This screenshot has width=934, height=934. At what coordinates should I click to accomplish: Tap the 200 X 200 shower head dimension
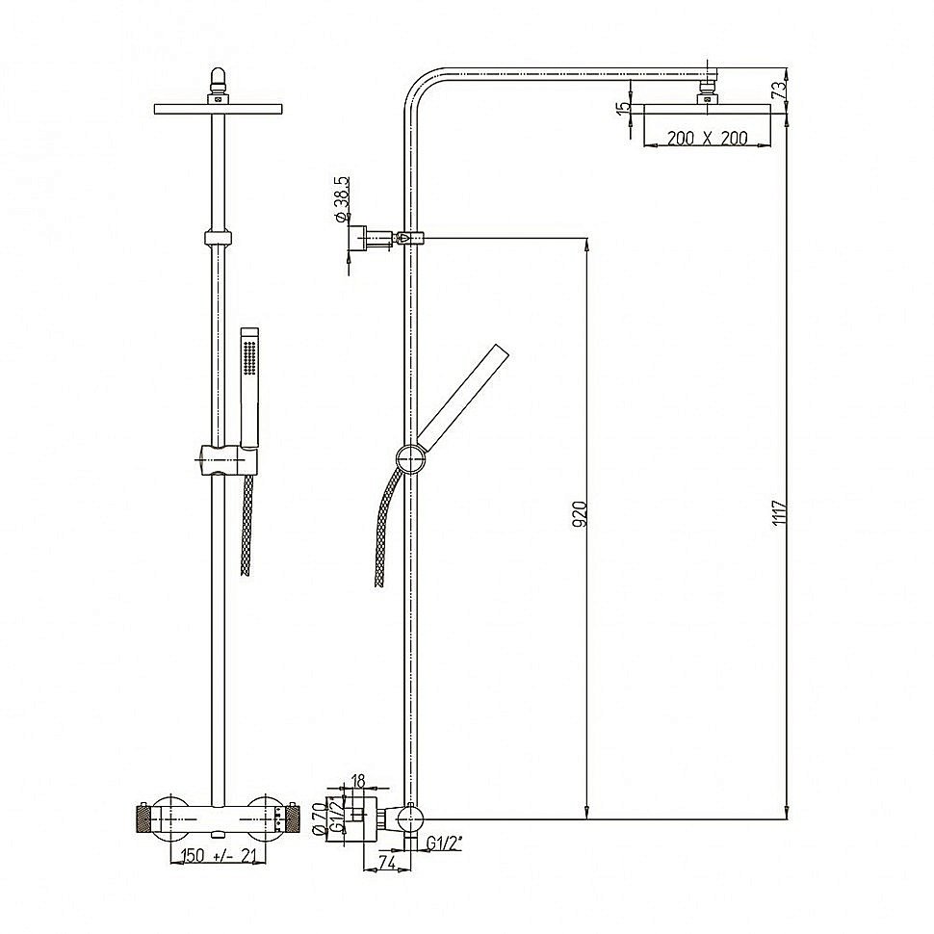click(707, 138)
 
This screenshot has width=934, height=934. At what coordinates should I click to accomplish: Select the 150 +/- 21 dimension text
click(215, 855)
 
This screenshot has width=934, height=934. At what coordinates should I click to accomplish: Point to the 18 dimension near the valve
click(358, 781)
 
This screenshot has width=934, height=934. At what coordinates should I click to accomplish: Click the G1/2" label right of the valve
click(444, 843)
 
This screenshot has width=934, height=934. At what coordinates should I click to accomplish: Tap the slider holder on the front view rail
click(221, 459)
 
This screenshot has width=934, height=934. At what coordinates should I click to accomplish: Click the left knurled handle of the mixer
click(144, 821)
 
